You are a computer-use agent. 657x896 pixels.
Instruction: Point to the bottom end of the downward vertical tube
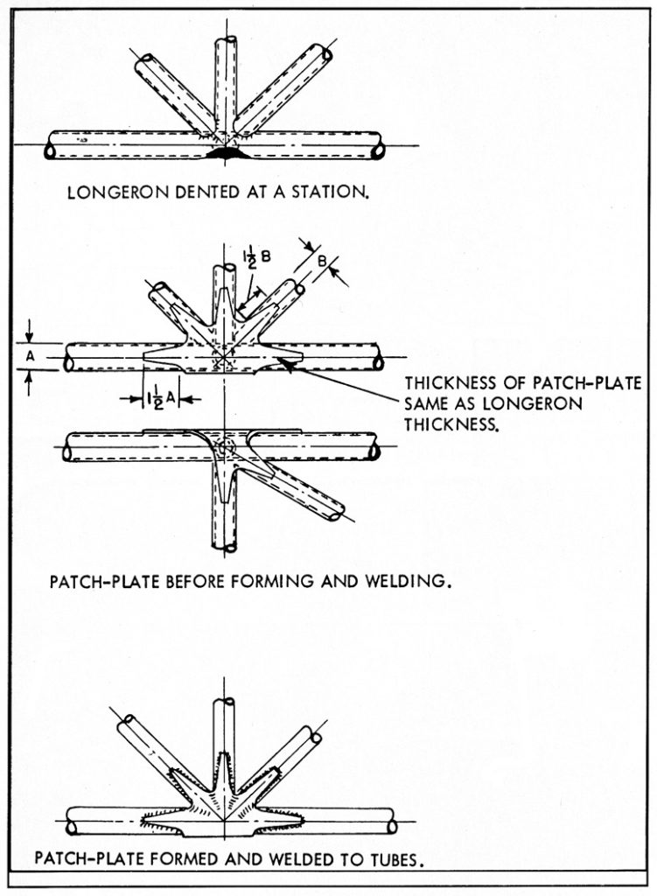[x=226, y=547]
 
